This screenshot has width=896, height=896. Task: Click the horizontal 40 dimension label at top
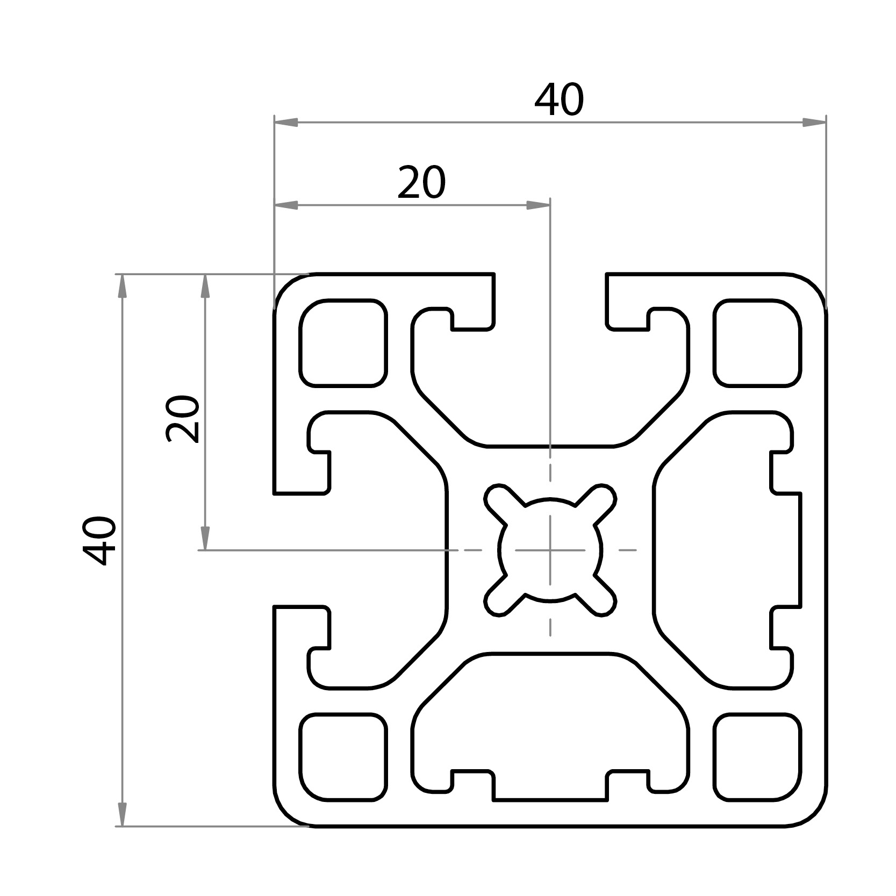point(558,101)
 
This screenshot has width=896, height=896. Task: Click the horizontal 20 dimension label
point(421,183)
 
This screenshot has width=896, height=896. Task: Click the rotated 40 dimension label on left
point(100,541)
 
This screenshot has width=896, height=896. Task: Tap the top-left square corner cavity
point(343,343)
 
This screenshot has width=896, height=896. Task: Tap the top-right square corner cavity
point(757,343)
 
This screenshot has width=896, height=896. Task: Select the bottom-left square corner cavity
point(343,757)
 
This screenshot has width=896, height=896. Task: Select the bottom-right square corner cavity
point(757,757)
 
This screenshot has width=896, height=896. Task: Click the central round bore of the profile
point(550,550)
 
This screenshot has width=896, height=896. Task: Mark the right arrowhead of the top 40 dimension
point(815,123)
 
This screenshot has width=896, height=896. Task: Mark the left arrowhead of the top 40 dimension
point(285,123)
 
